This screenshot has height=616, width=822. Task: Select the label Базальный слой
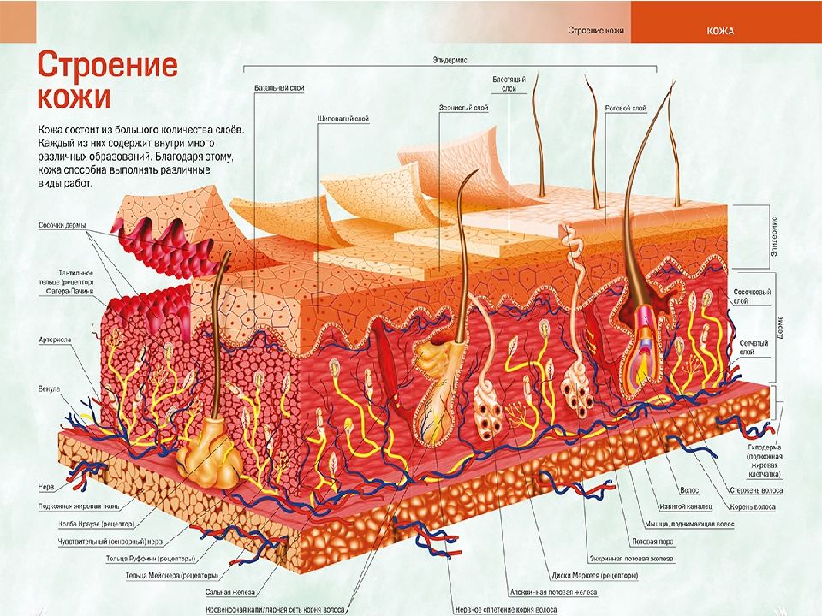(279, 88)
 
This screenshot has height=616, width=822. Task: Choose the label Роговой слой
(625, 109)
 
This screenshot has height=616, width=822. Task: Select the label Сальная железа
(225, 590)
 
